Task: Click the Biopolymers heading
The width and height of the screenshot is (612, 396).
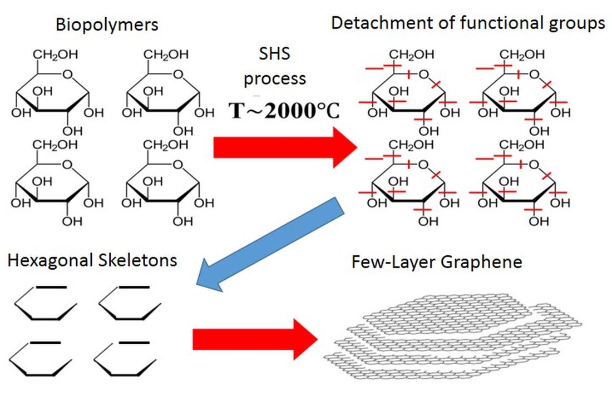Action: click(x=106, y=25)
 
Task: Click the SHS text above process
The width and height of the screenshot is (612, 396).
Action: click(x=275, y=55)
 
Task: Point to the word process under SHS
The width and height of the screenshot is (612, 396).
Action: click(x=275, y=78)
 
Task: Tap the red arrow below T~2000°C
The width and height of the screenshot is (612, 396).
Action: click(x=284, y=147)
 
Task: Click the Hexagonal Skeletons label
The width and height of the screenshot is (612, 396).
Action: click(x=92, y=260)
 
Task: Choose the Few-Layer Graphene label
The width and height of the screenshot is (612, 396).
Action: click(x=437, y=262)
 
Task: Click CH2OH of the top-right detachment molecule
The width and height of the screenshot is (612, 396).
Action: click(x=522, y=55)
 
